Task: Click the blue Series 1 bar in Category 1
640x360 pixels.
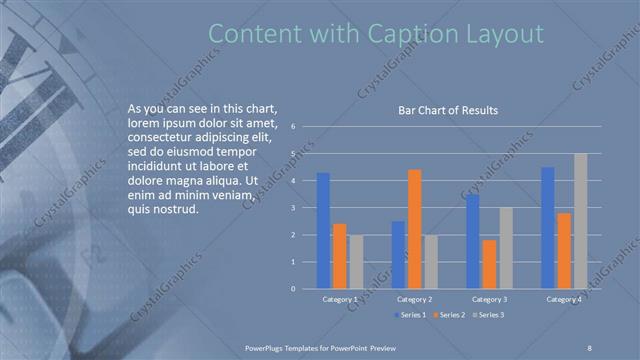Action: [x=323, y=231]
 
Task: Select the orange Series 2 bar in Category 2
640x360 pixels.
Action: [x=414, y=229]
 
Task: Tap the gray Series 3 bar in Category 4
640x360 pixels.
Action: [x=580, y=221]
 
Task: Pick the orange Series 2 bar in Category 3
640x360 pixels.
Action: [x=488, y=264]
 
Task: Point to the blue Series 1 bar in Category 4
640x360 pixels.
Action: [x=547, y=228]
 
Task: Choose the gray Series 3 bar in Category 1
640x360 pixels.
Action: [x=356, y=262]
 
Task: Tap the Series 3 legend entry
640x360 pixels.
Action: [x=489, y=315]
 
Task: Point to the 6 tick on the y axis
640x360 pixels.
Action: [x=293, y=127]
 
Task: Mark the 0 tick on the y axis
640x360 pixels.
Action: [x=293, y=289]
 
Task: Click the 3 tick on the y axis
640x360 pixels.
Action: [x=293, y=208]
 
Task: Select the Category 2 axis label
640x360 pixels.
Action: [x=414, y=299]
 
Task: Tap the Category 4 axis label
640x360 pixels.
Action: [x=564, y=299]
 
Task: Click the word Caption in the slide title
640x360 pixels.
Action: [x=410, y=34]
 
